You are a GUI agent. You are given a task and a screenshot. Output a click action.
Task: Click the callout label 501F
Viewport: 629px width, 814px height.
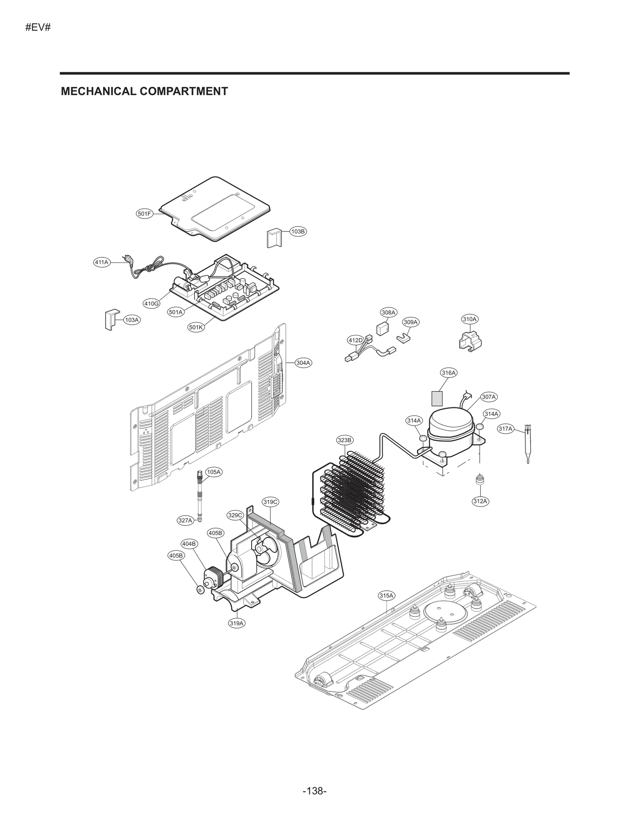pyautogui.click(x=144, y=214)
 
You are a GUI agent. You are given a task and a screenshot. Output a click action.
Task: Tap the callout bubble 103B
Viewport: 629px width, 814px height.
pyautogui.click(x=298, y=232)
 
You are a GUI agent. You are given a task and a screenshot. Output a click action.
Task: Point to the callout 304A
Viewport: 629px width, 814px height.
pyautogui.click(x=303, y=363)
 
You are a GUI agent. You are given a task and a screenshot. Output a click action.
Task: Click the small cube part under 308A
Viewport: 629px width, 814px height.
pyautogui.click(x=382, y=329)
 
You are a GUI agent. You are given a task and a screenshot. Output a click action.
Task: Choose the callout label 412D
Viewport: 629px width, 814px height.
pyautogui.click(x=355, y=340)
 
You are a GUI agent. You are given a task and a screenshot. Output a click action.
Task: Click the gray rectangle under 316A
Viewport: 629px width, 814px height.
pyautogui.click(x=437, y=398)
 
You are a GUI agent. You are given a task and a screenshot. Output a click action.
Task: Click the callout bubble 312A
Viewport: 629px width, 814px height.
pyautogui.click(x=480, y=501)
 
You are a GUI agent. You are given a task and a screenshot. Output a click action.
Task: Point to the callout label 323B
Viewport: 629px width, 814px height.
pyautogui.click(x=344, y=440)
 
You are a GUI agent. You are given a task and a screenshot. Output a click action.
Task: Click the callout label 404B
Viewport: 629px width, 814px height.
pyautogui.click(x=189, y=544)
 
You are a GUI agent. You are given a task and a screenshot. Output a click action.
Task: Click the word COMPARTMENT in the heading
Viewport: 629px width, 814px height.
pyautogui.click(x=184, y=91)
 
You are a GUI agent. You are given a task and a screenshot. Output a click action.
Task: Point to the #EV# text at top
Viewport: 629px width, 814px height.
pyautogui.click(x=38, y=28)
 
